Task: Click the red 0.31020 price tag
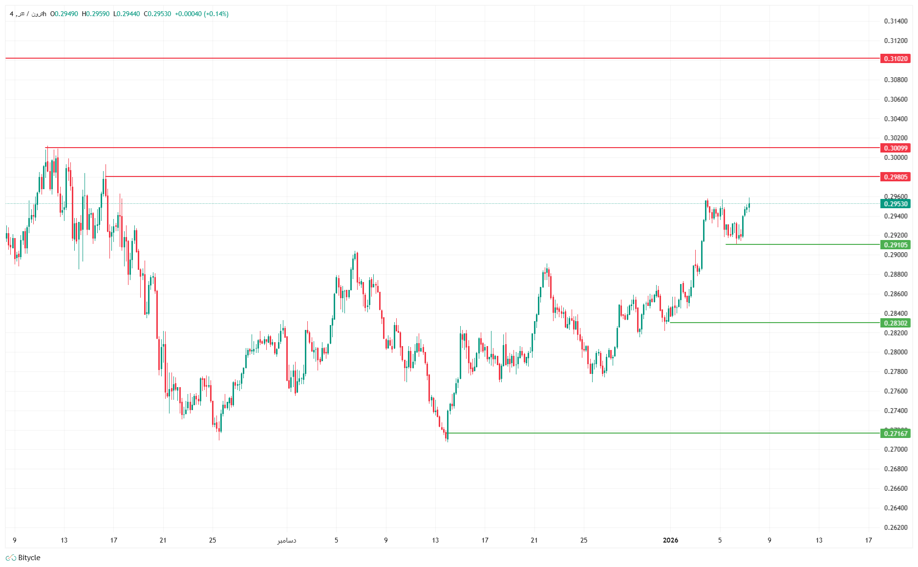pyautogui.click(x=896, y=59)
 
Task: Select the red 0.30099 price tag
pyautogui.click(x=896, y=148)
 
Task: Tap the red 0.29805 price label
pyautogui.click(x=896, y=177)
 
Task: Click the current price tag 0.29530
pyautogui.click(x=896, y=204)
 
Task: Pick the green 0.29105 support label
pyautogui.click(x=896, y=245)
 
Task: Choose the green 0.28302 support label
pyautogui.click(x=896, y=323)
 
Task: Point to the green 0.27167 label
pyautogui.click(x=896, y=434)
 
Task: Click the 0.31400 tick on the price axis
pyautogui.click(x=896, y=21)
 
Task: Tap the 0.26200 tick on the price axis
pyautogui.click(x=896, y=527)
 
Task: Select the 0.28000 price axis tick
pyautogui.click(x=896, y=352)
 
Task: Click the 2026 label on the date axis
pyautogui.click(x=670, y=540)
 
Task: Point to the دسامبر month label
pyautogui.click(x=287, y=540)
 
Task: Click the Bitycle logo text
pyautogui.click(x=29, y=558)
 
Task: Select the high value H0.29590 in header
pyautogui.click(x=96, y=14)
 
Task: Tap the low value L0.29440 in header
pyautogui.click(x=127, y=14)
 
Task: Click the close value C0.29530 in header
pyautogui.click(x=157, y=14)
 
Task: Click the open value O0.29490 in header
pyautogui.click(x=64, y=14)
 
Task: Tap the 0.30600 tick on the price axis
pyautogui.click(x=896, y=99)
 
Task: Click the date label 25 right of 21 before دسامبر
pyautogui.click(x=212, y=540)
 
